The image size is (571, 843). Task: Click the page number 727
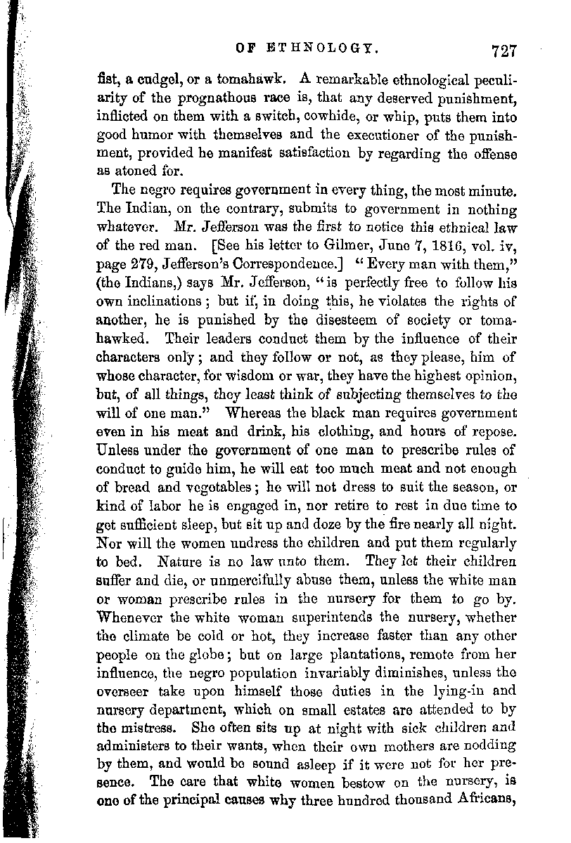point(504,51)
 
